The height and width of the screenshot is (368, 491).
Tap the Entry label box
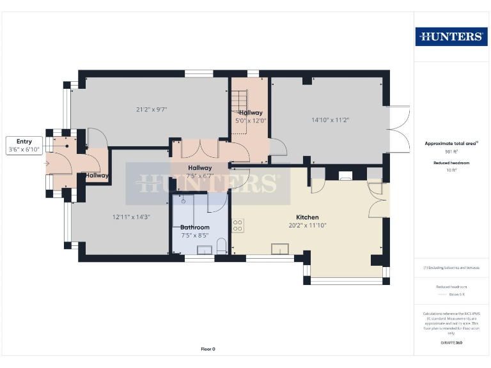tap(24, 145)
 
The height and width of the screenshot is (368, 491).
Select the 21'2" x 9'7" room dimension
tap(152, 109)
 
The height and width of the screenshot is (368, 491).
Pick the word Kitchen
tap(307, 217)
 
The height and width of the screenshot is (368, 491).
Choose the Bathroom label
tap(194, 227)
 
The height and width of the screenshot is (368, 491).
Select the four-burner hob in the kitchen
tap(238, 226)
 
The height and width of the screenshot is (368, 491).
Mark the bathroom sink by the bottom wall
tap(204, 250)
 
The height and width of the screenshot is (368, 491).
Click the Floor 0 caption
tap(208, 349)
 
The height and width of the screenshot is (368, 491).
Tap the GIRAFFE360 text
tap(451, 344)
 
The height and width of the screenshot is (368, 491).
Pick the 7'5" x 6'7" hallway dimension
tap(199, 176)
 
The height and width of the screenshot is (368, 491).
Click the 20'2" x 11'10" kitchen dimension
tap(307, 226)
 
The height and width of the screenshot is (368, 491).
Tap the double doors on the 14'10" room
tap(400, 128)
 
